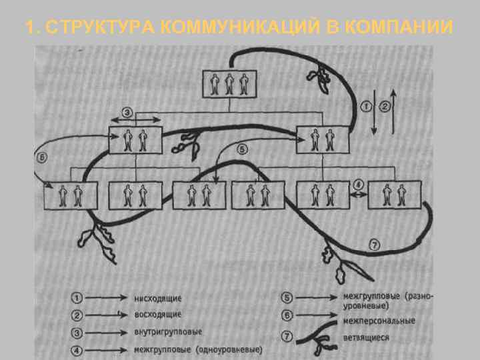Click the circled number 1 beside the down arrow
pos(367,105)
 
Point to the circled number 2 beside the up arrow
pos(385,105)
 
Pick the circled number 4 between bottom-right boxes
pos(359,184)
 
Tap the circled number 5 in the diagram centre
pos(242,149)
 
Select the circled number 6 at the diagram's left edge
pos(42,159)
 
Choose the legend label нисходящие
pos(158,298)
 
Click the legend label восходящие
pos(158,314)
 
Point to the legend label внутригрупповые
pos(168,331)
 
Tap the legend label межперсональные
pos(379,321)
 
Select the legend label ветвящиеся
pos(366,338)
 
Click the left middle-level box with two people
pos(136,140)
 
